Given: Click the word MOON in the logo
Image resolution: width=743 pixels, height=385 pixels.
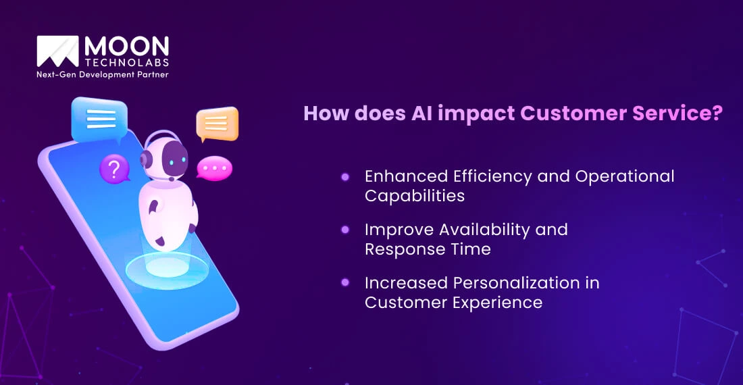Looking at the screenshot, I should click(x=126, y=47).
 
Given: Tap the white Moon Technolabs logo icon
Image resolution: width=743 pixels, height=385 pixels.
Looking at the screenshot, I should click(x=57, y=53).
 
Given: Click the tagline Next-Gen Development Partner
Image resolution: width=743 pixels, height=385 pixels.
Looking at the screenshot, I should click(x=102, y=74).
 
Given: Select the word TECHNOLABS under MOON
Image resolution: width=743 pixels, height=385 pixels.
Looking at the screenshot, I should click(x=126, y=63).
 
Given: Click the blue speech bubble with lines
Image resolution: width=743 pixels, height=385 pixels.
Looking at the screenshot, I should click(x=99, y=120).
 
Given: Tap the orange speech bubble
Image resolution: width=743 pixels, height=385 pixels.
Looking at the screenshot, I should click(x=217, y=124).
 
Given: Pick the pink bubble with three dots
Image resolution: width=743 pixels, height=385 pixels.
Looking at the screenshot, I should click(x=214, y=168).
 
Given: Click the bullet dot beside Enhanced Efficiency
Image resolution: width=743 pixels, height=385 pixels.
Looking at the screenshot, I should click(x=345, y=177).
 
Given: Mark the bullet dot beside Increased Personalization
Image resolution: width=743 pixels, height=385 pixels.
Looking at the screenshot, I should click(x=345, y=282).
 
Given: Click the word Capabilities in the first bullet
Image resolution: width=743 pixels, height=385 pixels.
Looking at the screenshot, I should click(x=415, y=196).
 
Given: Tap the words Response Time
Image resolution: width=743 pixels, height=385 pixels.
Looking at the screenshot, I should click(x=428, y=249).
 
